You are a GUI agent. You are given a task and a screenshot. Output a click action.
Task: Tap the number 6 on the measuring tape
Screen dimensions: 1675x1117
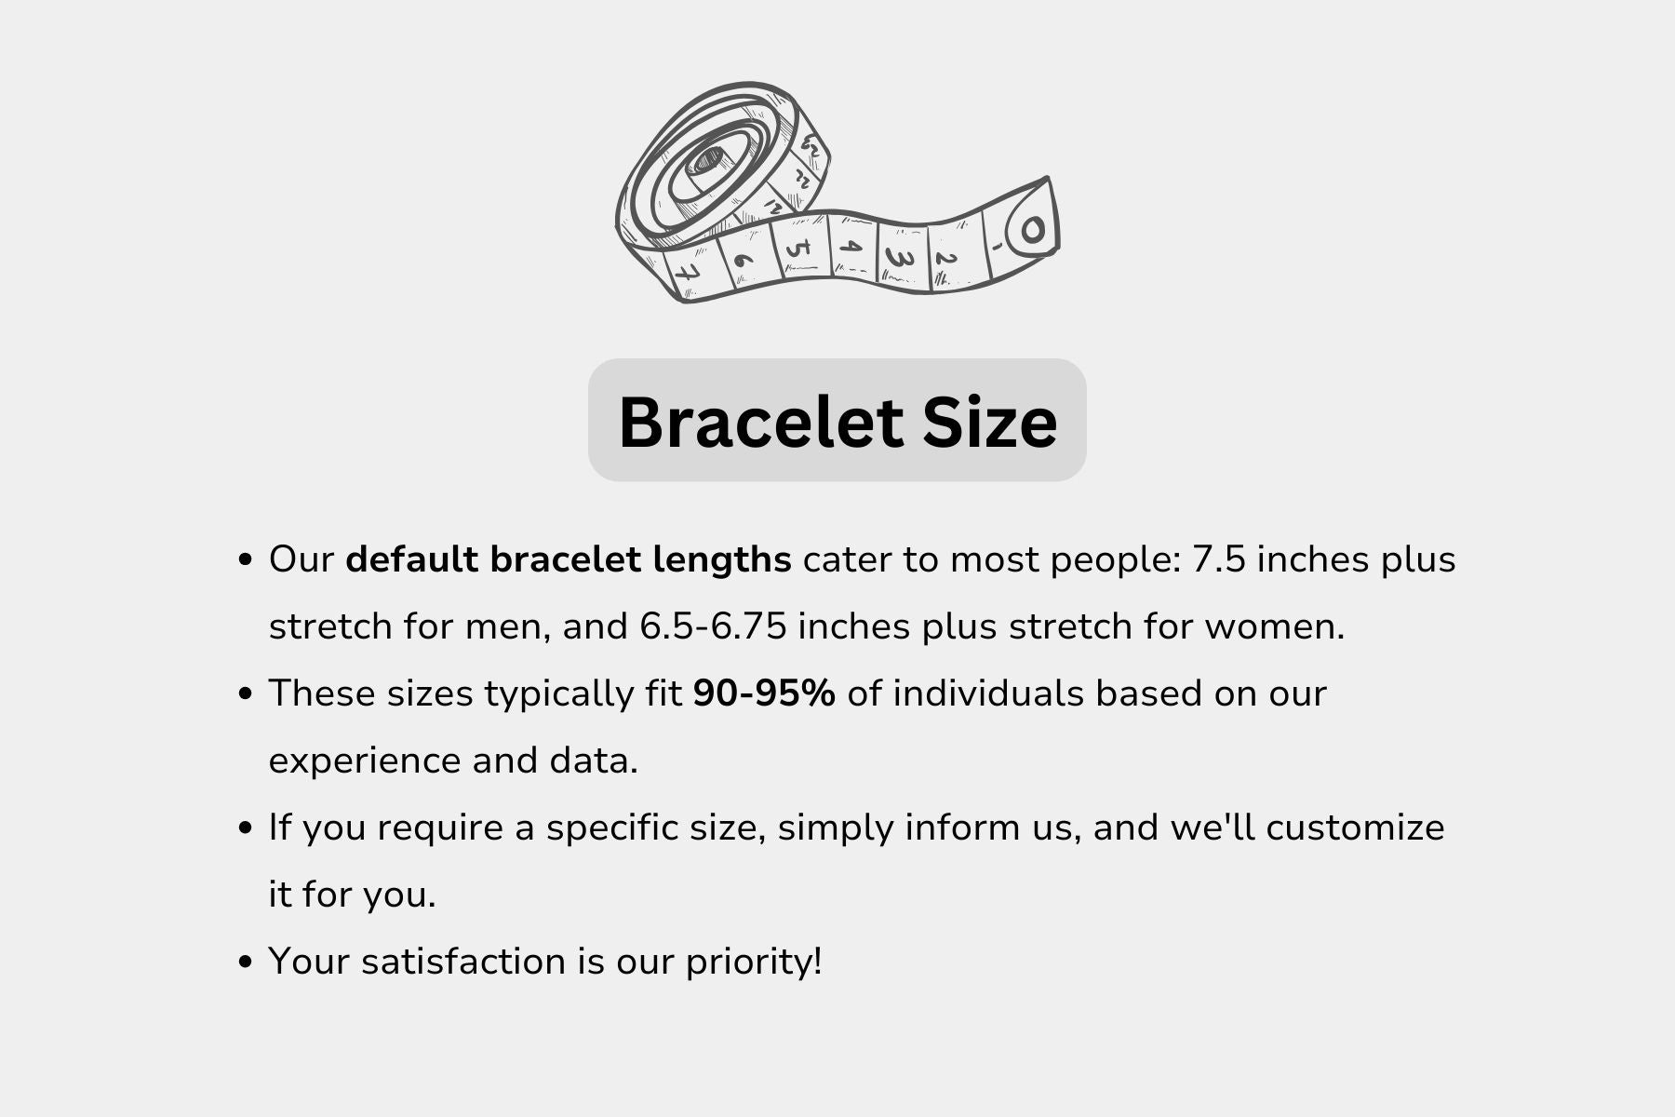point(744,260)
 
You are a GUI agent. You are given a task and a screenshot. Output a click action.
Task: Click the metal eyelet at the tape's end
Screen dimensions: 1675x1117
point(1032,229)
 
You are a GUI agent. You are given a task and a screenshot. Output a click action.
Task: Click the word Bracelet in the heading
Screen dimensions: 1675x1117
point(760,422)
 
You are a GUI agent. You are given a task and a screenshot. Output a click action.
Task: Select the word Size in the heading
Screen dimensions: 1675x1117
point(990,422)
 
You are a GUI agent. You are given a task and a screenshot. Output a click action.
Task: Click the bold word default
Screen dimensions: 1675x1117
point(411,559)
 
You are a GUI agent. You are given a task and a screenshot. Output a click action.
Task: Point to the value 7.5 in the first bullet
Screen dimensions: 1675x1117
point(1219,560)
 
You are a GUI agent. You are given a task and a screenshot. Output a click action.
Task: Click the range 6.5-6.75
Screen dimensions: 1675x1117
point(714,626)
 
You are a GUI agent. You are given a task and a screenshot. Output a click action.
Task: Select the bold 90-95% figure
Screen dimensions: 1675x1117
point(764,693)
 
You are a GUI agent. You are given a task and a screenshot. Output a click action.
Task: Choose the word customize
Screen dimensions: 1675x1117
point(1355,828)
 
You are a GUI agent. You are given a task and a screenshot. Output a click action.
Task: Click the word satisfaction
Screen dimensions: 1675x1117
point(463,962)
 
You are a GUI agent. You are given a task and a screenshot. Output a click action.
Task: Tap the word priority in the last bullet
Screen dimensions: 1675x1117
point(749,962)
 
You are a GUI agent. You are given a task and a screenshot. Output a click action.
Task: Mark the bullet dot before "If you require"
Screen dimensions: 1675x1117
point(246,828)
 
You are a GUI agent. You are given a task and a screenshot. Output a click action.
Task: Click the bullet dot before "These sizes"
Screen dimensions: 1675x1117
point(246,693)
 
